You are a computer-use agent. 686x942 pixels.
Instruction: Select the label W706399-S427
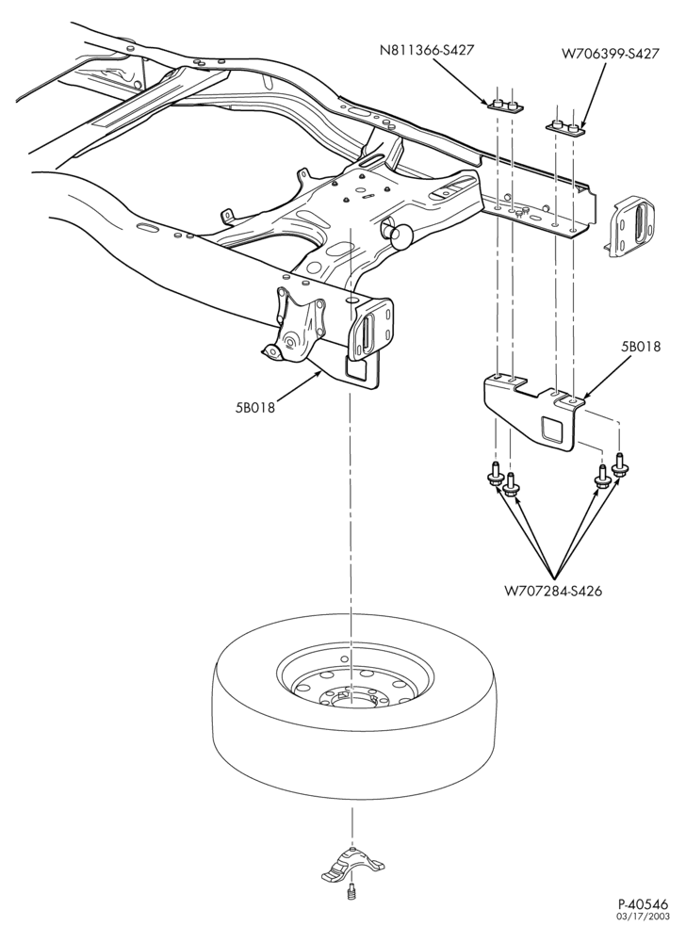click(x=611, y=54)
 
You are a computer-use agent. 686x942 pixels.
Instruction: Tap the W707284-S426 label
click(x=552, y=591)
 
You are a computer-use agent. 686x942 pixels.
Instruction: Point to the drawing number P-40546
click(x=643, y=921)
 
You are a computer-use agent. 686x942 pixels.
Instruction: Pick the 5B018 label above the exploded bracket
click(x=641, y=348)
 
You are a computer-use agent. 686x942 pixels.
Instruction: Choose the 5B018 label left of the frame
click(x=254, y=407)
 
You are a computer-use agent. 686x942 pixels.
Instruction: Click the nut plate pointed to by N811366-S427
click(x=505, y=106)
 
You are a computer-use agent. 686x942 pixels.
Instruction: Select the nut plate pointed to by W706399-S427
click(x=565, y=128)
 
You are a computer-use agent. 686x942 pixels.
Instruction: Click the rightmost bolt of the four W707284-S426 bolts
click(x=620, y=466)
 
